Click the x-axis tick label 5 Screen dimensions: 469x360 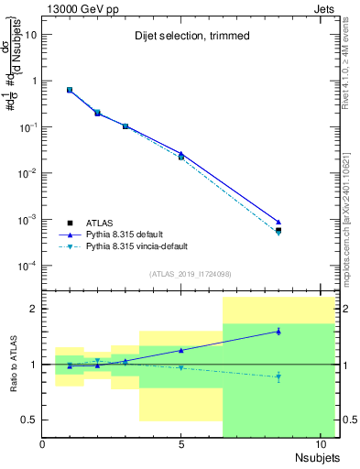tap(181, 445)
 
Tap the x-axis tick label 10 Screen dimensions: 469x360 tap(320, 445)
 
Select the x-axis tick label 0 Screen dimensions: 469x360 tap(43, 445)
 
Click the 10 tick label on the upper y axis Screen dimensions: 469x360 tap(32, 34)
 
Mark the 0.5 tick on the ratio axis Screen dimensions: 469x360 tap(29, 420)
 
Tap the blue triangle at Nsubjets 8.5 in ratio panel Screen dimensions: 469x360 tap(278, 332)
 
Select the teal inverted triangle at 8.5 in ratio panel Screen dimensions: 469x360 tap(278, 376)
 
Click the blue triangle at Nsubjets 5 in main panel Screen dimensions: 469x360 tap(181, 153)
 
